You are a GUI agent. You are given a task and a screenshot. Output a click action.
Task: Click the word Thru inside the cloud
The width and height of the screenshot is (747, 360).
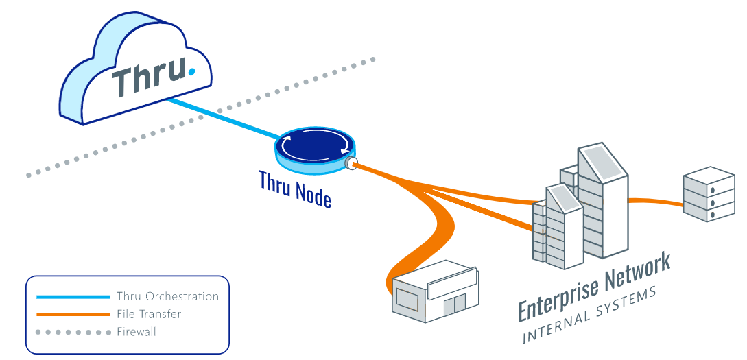coord(149,77)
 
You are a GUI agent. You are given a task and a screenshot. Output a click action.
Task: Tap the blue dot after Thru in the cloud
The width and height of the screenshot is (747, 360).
coord(191,69)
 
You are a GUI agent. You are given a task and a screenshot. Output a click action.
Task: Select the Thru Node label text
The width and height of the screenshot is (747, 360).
coord(295,189)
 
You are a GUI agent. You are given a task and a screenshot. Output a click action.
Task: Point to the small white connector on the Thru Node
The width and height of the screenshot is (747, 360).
coord(351,163)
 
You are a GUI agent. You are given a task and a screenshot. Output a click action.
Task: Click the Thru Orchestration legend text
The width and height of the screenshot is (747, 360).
coord(167,297)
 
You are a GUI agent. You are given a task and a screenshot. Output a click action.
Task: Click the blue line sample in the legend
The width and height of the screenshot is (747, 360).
coord(73,297)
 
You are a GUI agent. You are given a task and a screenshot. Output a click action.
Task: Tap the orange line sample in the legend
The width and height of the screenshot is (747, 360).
coord(73,314)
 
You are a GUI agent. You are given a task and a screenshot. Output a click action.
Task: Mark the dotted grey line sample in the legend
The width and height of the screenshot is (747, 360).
coord(73,332)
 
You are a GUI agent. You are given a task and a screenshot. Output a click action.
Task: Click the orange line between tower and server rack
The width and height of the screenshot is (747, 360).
coord(655,201)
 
